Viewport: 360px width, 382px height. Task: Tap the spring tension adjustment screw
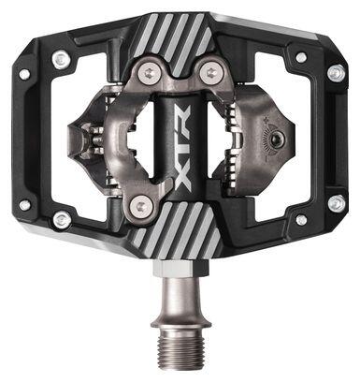coord(276,138)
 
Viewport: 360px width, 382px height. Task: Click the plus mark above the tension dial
coord(266,119)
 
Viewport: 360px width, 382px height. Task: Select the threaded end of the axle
coord(180,350)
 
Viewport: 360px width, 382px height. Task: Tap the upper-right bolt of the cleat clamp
coord(210,72)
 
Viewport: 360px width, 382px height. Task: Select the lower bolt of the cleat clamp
coord(139,206)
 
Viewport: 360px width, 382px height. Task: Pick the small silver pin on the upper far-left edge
coord(24,74)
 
